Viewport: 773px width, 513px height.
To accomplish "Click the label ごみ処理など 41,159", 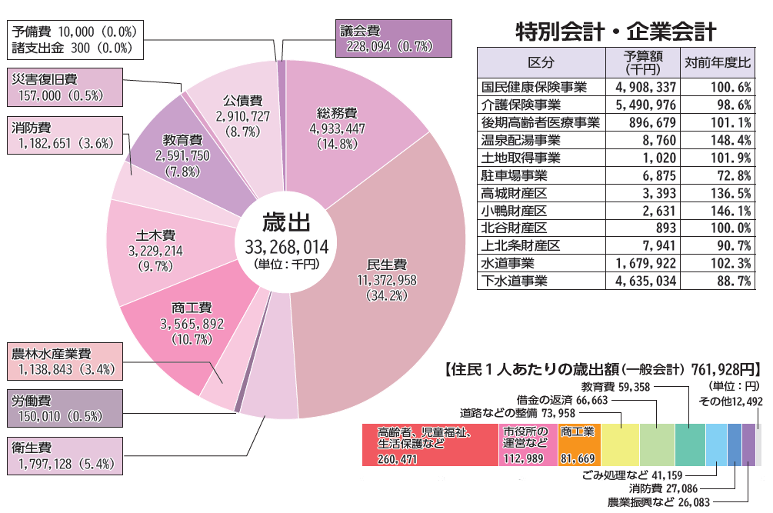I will click(628, 474).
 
